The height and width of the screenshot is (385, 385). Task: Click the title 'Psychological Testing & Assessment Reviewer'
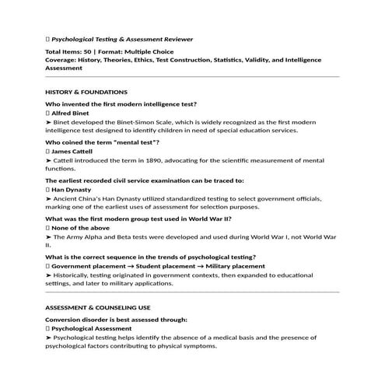click(122, 39)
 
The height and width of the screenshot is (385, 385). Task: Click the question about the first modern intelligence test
click(121, 103)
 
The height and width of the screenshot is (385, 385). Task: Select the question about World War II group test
click(138, 219)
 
